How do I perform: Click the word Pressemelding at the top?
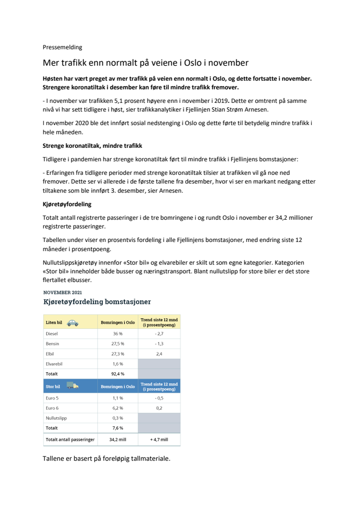[x=63, y=47]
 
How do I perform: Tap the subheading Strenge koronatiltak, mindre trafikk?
[x=93, y=146]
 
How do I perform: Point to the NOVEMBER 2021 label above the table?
[x=63, y=293]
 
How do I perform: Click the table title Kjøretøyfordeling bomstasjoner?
[x=97, y=302]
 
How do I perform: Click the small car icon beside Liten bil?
[x=73, y=323]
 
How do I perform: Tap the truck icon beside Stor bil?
[x=72, y=386]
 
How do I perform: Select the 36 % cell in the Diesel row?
[x=118, y=334]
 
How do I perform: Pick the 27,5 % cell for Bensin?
[x=118, y=344]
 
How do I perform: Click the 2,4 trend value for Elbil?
[x=159, y=354]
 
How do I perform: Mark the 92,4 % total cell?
[x=118, y=374]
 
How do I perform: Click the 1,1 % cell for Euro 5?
[x=118, y=398]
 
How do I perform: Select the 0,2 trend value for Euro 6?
[x=159, y=408]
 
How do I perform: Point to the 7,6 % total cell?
[x=118, y=428]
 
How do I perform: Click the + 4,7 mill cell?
[x=159, y=439]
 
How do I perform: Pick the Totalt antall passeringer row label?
[x=70, y=439]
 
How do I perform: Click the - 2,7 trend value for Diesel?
[x=159, y=334]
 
